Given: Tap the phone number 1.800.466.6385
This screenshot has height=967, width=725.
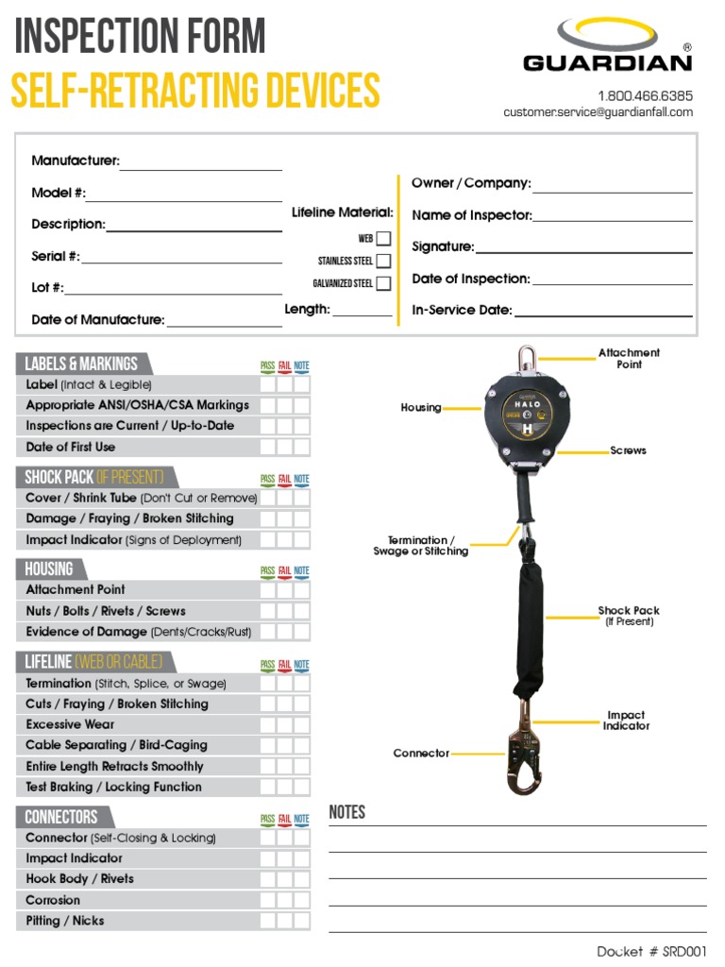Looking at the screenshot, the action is click(x=645, y=95).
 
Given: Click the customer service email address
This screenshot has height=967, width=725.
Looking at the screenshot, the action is click(x=598, y=111).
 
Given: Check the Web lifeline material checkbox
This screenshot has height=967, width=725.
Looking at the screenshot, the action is click(x=383, y=239).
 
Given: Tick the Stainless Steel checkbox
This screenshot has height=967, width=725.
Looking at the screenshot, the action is click(x=383, y=261).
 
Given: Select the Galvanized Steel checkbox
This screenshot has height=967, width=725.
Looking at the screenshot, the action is click(x=383, y=283).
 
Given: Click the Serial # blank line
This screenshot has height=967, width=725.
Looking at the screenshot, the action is click(x=181, y=257).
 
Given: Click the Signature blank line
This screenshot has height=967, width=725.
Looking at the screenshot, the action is click(x=583, y=247).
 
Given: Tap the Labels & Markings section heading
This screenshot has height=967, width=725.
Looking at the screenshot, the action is click(x=81, y=364).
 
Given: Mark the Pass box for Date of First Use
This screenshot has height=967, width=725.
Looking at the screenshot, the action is click(x=268, y=447).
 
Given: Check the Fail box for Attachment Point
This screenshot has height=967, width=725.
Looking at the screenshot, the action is click(x=285, y=589).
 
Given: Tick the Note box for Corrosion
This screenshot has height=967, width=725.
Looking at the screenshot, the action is click(x=301, y=900).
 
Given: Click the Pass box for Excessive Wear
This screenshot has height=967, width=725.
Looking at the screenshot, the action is click(x=268, y=724).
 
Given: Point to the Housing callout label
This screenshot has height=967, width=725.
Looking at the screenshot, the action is click(x=421, y=408).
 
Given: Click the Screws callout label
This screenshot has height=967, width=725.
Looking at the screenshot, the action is click(x=628, y=450).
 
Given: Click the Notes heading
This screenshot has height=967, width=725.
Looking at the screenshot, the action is click(x=346, y=812).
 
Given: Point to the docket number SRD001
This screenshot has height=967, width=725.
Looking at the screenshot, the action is click(x=651, y=951).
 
